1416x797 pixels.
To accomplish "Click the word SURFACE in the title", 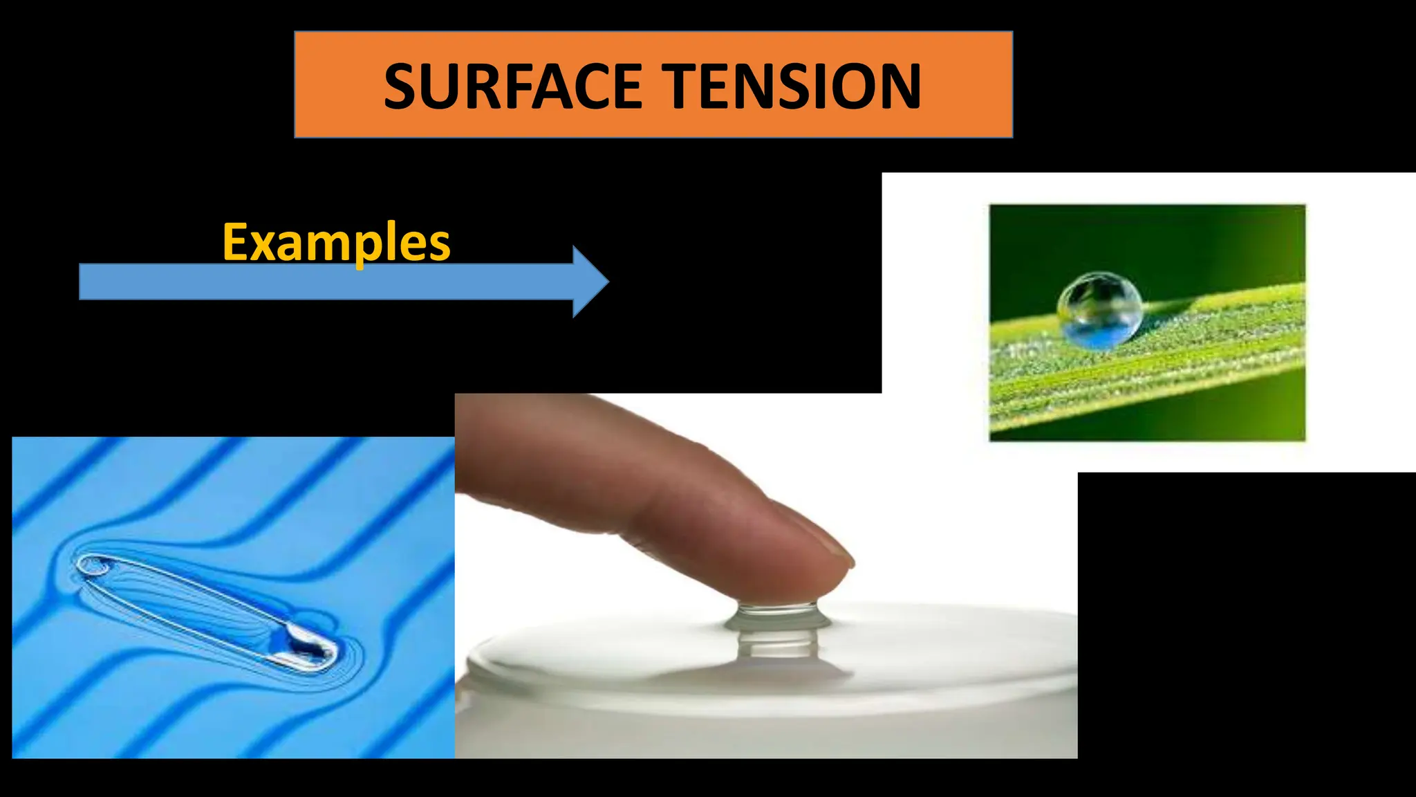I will [512, 86].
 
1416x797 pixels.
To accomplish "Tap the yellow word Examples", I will [336, 242].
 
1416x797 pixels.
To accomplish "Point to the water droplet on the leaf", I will [1099, 309].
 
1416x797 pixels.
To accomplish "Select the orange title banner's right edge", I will [1012, 84].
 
